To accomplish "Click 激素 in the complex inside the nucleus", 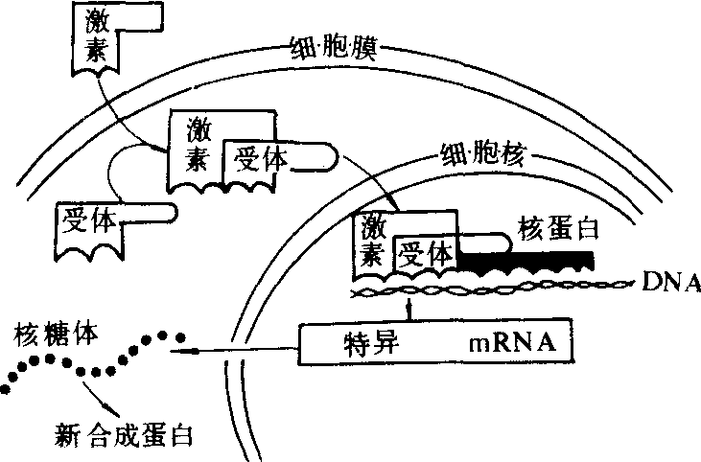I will click(x=372, y=240).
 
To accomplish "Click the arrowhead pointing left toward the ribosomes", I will click(x=175, y=352).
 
